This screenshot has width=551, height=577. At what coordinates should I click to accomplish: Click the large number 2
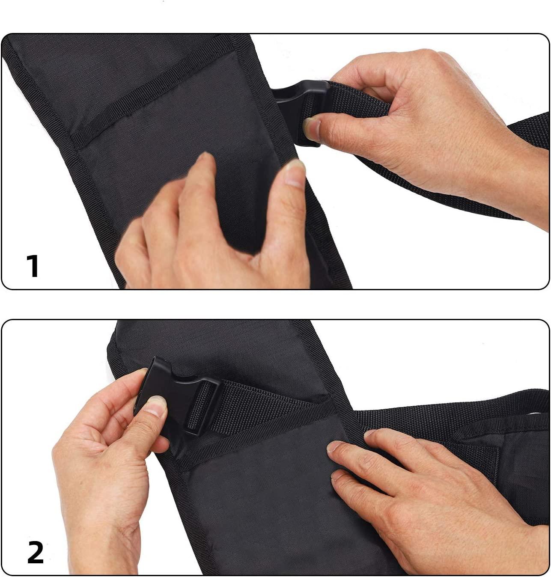coord(35,553)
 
